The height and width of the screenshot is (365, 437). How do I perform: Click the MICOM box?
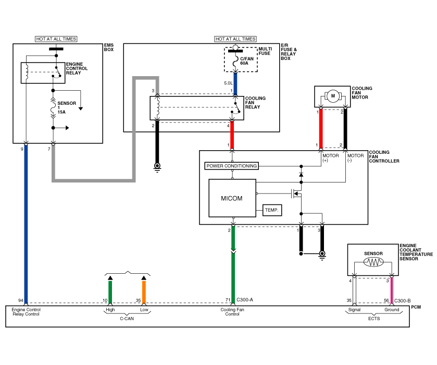click(x=232, y=198)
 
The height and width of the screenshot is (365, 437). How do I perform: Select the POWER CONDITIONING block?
click(x=231, y=166)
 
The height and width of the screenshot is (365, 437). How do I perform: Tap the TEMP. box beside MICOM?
click(x=272, y=210)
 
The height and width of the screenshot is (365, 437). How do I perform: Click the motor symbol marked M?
click(x=333, y=96)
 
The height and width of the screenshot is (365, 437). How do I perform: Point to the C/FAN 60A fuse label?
click(x=247, y=61)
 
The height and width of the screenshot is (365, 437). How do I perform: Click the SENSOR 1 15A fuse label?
click(x=66, y=107)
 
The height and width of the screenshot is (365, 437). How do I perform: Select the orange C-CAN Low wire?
click(x=144, y=292)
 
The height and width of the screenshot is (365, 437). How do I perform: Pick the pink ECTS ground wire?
click(x=392, y=290)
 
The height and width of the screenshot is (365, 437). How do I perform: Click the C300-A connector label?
click(x=245, y=300)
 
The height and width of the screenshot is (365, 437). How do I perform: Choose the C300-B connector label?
click(x=403, y=301)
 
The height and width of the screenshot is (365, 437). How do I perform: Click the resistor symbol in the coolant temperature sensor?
click(x=373, y=262)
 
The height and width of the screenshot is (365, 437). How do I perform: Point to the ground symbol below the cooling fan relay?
click(x=157, y=167)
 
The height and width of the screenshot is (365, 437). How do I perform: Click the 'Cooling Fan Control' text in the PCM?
click(x=232, y=312)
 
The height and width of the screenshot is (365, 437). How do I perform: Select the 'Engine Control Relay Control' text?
click(x=26, y=312)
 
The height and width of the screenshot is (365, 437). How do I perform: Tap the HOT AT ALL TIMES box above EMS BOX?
click(x=56, y=39)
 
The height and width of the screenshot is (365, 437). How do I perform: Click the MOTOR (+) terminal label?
click(x=331, y=157)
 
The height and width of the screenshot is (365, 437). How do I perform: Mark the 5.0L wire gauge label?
click(x=228, y=83)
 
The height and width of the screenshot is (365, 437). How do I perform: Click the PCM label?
click(x=416, y=307)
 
